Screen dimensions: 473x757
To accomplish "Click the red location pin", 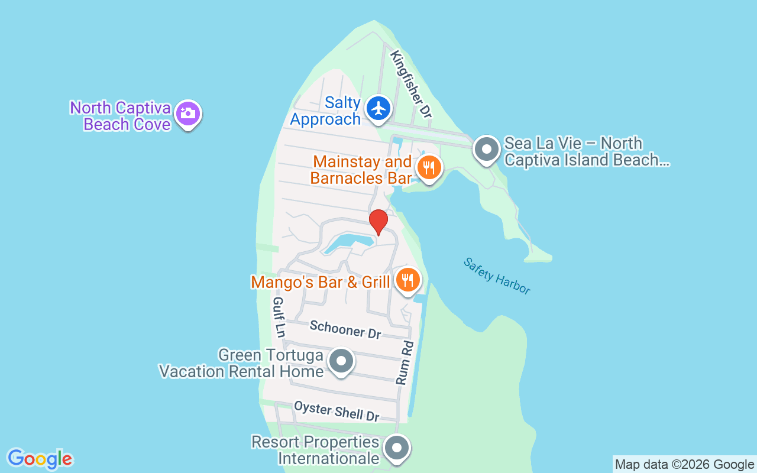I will (x=378, y=222).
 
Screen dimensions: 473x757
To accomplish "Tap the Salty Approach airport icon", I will (x=378, y=108).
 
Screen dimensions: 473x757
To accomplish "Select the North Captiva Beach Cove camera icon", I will (x=188, y=112).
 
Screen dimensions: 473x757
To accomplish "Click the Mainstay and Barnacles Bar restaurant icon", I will (x=428, y=168).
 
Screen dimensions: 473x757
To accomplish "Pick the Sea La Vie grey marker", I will (x=487, y=150).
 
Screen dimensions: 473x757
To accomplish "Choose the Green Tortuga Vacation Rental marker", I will (x=341, y=361).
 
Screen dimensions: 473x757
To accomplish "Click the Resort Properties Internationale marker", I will (x=397, y=448).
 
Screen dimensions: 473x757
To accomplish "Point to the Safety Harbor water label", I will (x=497, y=276).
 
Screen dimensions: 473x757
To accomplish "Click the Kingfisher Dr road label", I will (x=411, y=83).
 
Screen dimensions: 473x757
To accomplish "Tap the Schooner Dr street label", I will (x=345, y=329).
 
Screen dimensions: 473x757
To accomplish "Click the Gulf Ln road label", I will (x=279, y=318).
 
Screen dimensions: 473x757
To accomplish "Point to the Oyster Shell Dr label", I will (x=337, y=411).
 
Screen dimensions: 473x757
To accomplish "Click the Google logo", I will (x=40, y=459).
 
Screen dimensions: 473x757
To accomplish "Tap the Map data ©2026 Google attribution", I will (x=684, y=465).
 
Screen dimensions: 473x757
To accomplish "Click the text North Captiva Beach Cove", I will (x=121, y=116).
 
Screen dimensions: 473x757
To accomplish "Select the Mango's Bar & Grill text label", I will (x=320, y=282).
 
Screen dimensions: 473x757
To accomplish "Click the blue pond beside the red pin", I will (x=349, y=242).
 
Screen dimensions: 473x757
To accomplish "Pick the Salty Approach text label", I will (x=325, y=111).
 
